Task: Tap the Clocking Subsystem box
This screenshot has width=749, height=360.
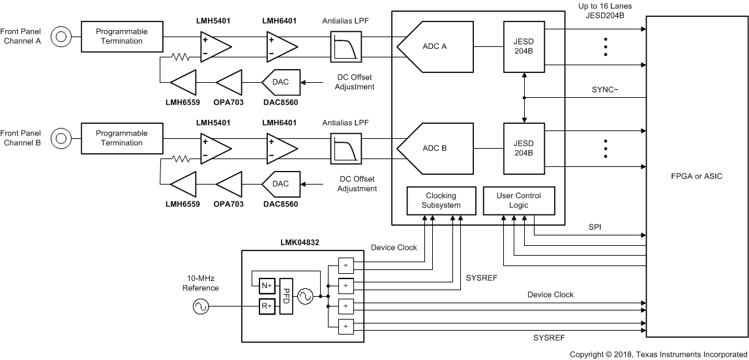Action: tap(441, 200)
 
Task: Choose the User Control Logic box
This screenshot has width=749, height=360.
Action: tap(518, 200)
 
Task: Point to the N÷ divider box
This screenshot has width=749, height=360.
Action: tap(265, 285)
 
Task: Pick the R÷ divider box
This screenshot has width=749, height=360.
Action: tap(265, 306)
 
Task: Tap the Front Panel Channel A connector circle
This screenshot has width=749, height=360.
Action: tap(61, 37)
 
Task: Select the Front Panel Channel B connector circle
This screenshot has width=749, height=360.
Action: tap(61, 138)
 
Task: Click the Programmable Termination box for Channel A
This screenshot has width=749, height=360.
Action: tap(121, 37)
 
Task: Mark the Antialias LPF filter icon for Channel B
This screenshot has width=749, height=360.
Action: tap(345, 149)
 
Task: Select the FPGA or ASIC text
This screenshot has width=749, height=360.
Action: tap(696, 176)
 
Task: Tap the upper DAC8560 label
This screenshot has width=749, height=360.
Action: tap(280, 103)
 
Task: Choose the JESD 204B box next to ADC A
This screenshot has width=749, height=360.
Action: tap(524, 46)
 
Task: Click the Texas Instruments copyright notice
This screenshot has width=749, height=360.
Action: tap(658, 354)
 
